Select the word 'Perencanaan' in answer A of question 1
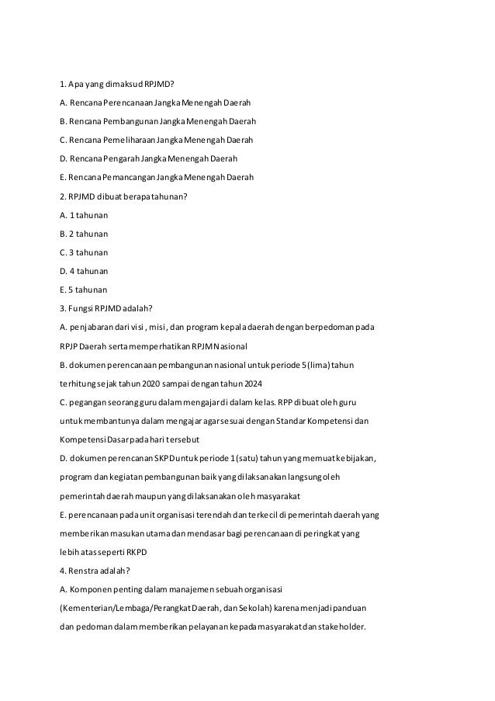click(126, 102)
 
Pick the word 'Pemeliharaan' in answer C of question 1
click(128, 140)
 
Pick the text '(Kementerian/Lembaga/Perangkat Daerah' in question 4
click(132, 607)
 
